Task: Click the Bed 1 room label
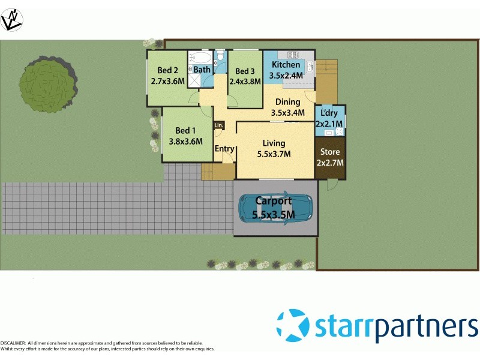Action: click(x=185, y=131)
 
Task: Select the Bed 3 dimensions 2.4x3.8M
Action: click(x=245, y=82)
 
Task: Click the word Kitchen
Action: click(x=286, y=65)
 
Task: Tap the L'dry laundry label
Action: click(x=329, y=113)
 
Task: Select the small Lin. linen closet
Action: click(x=218, y=125)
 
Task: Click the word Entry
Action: click(x=224, y=149)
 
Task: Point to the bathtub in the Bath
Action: click(x=200, y=58)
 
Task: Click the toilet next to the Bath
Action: click(x=220, y=57)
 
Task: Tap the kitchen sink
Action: click(x=309, y=67)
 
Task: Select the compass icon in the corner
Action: click(x=12, y=20)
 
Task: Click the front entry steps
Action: click(x=217, y=172)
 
